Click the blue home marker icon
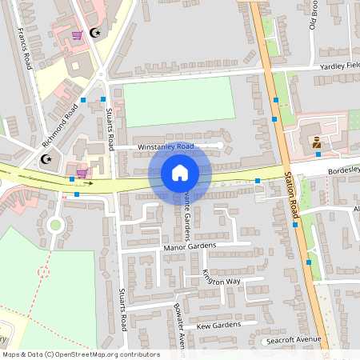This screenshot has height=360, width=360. coord(179,173)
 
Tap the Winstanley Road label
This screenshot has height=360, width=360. coord(166,147)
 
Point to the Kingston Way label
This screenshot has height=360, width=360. coord(222,277)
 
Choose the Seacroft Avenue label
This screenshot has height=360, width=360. coord(293,340)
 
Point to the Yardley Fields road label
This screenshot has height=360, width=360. coord(341,66)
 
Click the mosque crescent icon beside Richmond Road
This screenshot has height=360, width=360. coord(46,159)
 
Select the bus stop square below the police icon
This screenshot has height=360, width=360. coord(318,154)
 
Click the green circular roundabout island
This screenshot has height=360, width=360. coord(55,225)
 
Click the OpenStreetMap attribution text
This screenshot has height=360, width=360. coord(80,354)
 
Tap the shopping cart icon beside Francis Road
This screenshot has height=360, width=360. coord(78,35)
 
